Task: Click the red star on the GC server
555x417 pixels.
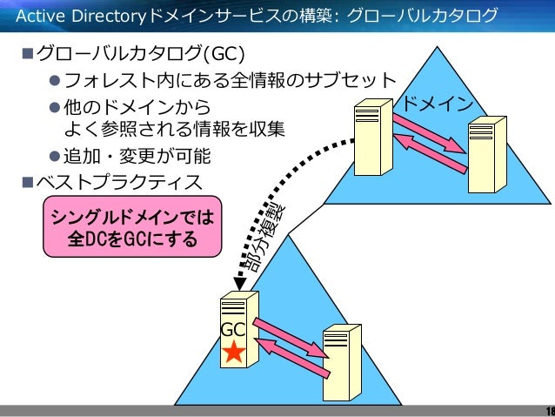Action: coord(234,352)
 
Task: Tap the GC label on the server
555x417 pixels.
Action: coord(232,330)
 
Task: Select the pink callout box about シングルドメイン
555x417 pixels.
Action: coord(133,225)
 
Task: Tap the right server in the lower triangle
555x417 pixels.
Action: coord(340,362)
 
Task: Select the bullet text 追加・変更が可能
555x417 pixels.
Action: coord(138,157)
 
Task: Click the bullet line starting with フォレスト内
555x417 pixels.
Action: coord(231,82)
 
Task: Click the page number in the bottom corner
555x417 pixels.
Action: coord(549,411)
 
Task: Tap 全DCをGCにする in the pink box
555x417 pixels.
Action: coord(133,238)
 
